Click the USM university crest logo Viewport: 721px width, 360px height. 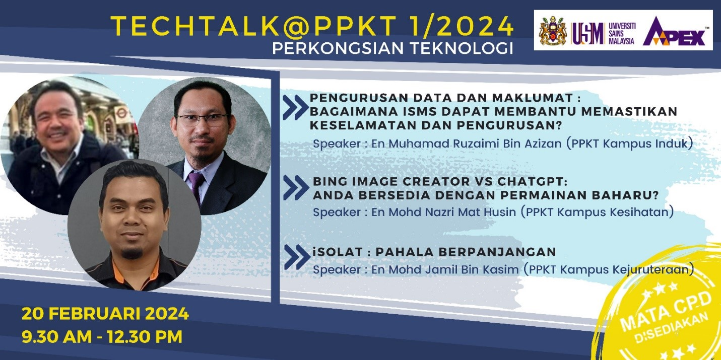click(553, 31)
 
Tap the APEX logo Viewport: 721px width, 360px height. click(675, 32)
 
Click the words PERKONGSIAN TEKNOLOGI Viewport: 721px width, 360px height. click(392, 48)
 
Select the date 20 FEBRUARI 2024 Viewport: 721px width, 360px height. click(105, 314)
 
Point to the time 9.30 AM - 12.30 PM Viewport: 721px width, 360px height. click(102, 336)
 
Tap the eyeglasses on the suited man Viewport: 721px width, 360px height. click(202, 120)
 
